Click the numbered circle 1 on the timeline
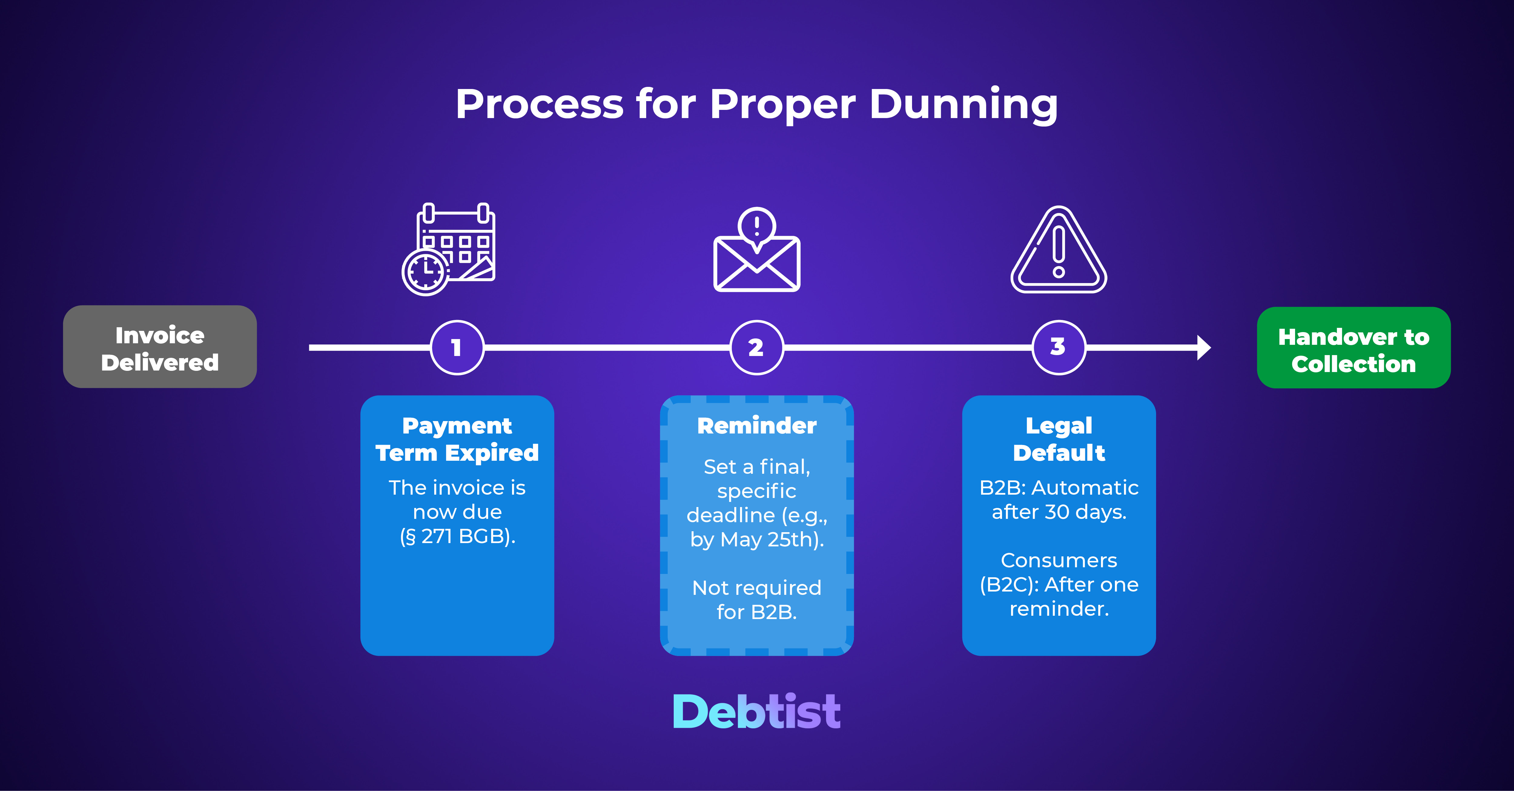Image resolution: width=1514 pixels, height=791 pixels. click(457, 347)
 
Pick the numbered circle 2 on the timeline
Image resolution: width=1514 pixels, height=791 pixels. click(756, 347)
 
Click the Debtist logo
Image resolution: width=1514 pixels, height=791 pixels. click(756, 712)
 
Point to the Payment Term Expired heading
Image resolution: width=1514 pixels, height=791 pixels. click(457, 439)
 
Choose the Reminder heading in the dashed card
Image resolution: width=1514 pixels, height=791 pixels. click(756, 426)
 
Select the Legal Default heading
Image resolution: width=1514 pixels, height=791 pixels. click(1059, 439)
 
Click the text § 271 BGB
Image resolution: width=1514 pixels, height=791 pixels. click(457, 536)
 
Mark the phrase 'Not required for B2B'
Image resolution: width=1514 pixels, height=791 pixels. click(756, 599)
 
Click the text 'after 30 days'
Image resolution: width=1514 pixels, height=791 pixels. click(1059, 512)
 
